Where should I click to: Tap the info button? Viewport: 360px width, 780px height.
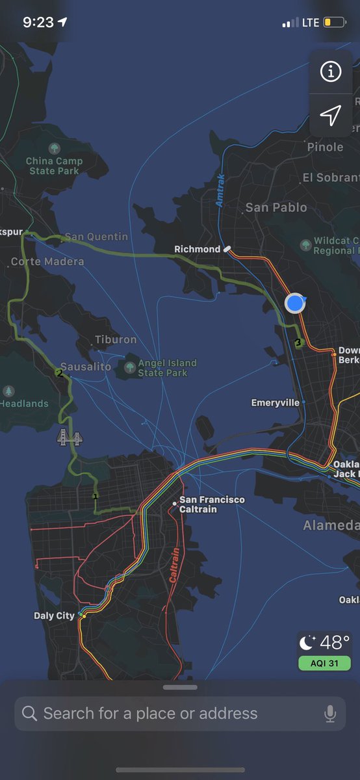pos(331,72)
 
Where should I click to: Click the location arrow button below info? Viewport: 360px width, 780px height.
pos(331,116)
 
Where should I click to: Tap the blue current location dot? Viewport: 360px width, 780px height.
pos(295,302)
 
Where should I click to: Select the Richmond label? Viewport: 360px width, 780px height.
pos(198,249)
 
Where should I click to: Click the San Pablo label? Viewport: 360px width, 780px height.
pos(276,207)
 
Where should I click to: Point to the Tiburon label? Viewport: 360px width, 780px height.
pos(116,339)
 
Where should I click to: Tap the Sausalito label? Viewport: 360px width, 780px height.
pos(86,367)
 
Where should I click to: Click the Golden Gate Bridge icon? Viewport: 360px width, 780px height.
pos(70,437)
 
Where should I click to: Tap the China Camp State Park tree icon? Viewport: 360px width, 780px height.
pos(54,148)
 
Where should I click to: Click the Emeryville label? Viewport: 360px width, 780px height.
pos(276,403)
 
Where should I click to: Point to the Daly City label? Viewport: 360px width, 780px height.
pos(54,616)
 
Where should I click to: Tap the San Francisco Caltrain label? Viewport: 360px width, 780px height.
pos(212,504)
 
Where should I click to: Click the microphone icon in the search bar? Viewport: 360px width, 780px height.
pos(330,714)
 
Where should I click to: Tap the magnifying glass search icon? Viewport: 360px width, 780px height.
pos(30,714)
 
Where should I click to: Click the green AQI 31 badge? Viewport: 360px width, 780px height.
pos(324,663)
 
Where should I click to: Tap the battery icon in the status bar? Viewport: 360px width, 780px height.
pos(335,23)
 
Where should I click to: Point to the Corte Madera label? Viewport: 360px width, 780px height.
pos(47,261)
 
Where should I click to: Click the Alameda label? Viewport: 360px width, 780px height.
pos(331,525)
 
